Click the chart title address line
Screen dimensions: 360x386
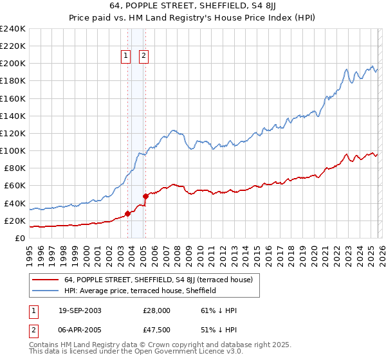point(192,7)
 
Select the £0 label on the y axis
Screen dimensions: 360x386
point(20,238)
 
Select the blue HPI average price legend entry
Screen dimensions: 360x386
point(140,291)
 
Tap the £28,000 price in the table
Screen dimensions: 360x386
point(157,310)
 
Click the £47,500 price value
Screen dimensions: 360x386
point(157,331)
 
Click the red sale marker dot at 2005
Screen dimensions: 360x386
point(145,196)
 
